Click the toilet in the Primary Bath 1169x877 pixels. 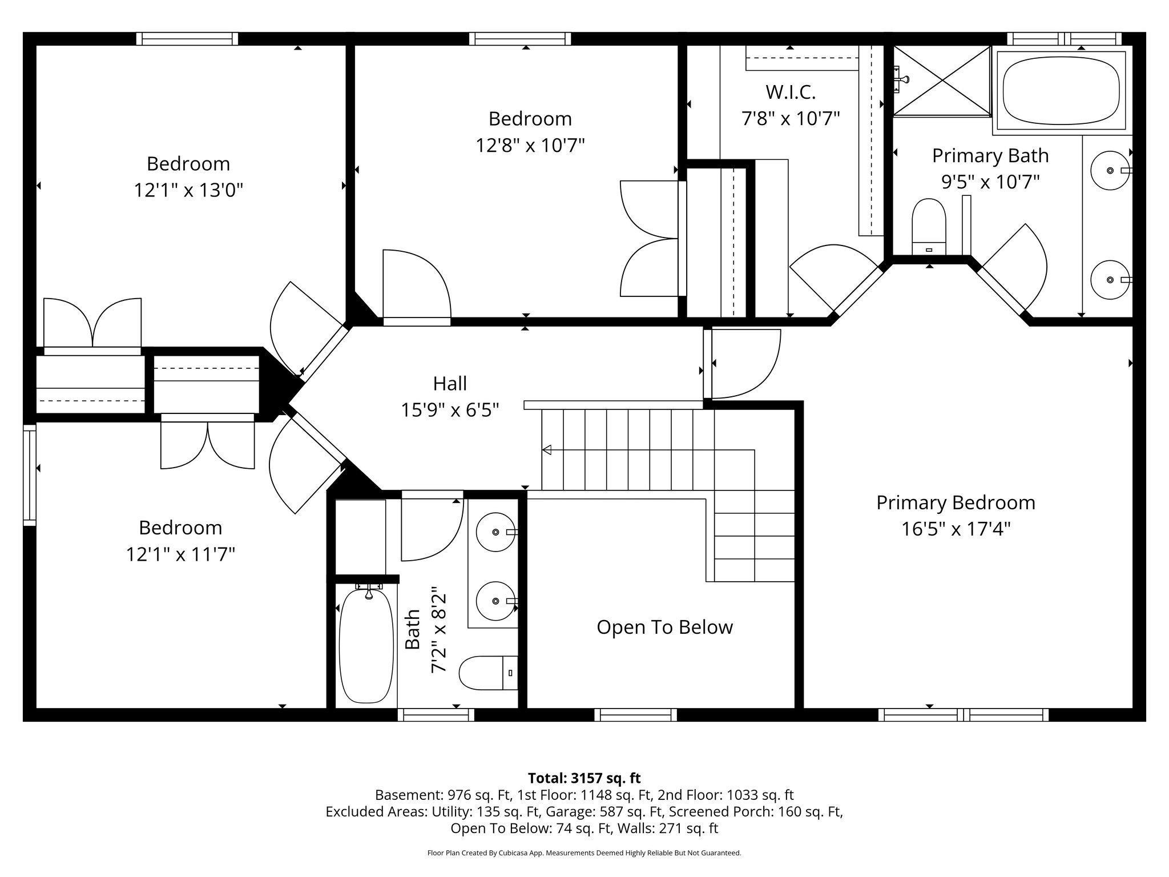(929, 227)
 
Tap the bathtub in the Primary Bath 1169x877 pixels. (1061, 91)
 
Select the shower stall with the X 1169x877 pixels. (941, 81)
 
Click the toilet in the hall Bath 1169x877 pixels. (489, 672)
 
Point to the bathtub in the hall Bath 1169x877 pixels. (366, 645)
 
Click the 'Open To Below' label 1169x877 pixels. (664, 627)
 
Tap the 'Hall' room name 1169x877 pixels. (450, 383)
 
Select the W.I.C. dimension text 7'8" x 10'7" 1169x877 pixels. (791, 119)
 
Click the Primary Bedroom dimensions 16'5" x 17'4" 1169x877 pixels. (956, 529)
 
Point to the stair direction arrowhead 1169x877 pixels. (546, 450)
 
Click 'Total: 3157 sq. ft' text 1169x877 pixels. (584, 778)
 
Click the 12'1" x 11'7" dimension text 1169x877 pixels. (180, 554)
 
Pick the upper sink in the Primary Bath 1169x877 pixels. (1110, 170)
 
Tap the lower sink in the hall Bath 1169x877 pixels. (495, 601)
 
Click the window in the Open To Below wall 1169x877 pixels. (635, 715)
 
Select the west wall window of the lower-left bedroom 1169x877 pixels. (30, 474)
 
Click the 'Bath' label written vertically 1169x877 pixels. (412, 629)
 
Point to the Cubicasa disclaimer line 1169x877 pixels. (584, 853)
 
